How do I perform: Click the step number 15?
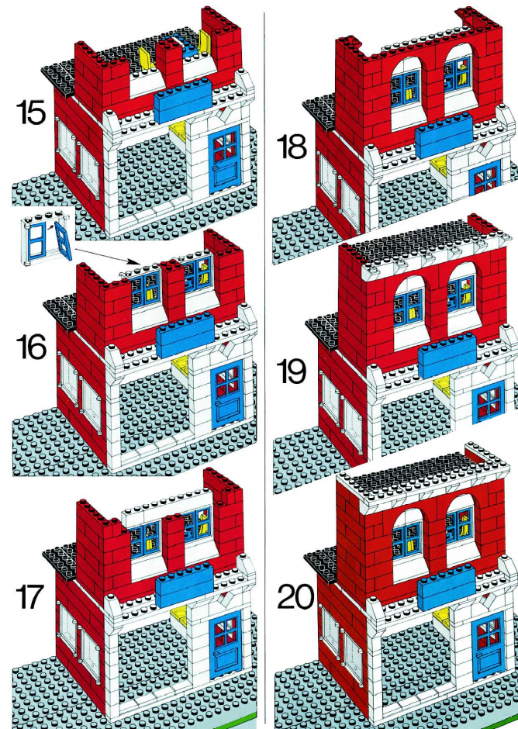(31, 113)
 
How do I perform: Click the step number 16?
(31, 347)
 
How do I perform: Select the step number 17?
(29, 597)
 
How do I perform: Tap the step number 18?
(292, 147)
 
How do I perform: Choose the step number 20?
(295, 597)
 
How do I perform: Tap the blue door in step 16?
(228, 396)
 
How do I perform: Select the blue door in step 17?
(226, 645)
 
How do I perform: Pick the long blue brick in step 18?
(444, 136)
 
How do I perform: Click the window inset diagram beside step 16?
(47, 240)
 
